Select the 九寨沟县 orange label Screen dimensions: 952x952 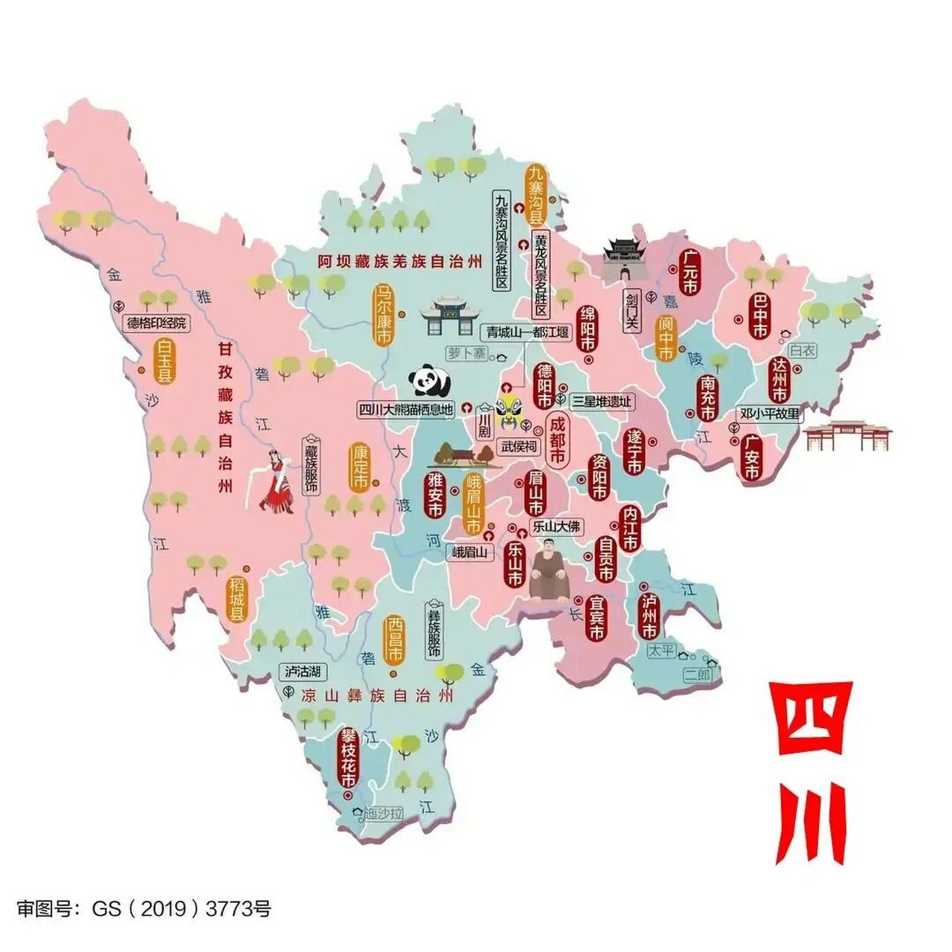point(535,194)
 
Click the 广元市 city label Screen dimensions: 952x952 point(689,272)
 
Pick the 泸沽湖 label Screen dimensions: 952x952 point(303,672)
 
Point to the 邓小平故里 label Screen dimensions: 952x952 point(770,414)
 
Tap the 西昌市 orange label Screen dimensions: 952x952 point(394,640)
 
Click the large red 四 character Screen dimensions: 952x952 point(810,720)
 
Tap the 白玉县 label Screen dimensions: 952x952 point(164,361)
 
